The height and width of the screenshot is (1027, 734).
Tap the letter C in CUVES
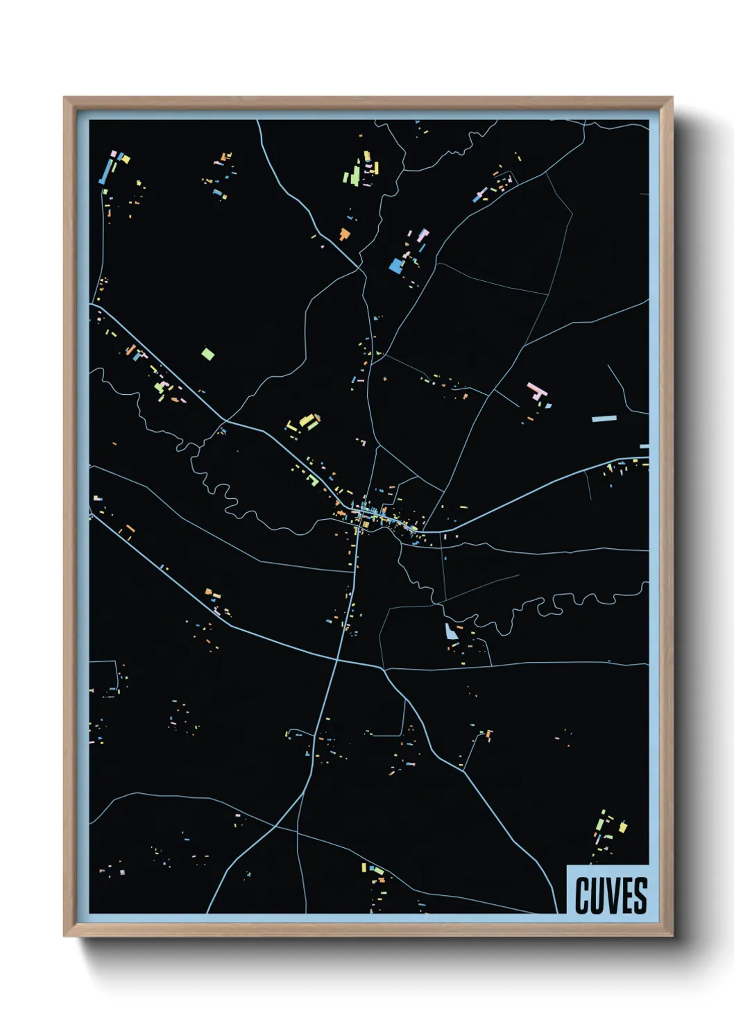(582, 895)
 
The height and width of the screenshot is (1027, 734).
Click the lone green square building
(207, 354)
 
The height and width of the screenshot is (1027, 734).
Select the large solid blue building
(396, 266)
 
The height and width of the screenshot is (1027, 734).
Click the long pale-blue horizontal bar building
(604, 418)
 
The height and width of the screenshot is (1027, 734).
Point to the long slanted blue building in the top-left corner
(106, 171)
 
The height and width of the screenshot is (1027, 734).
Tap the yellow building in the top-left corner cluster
(126, 158)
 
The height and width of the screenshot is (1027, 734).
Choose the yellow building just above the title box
(622, 827)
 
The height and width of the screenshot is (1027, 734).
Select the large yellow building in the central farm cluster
(307, 421)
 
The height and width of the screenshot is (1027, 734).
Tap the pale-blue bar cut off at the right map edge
(644, 446)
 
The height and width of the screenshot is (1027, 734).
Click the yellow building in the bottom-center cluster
(364, 867)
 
